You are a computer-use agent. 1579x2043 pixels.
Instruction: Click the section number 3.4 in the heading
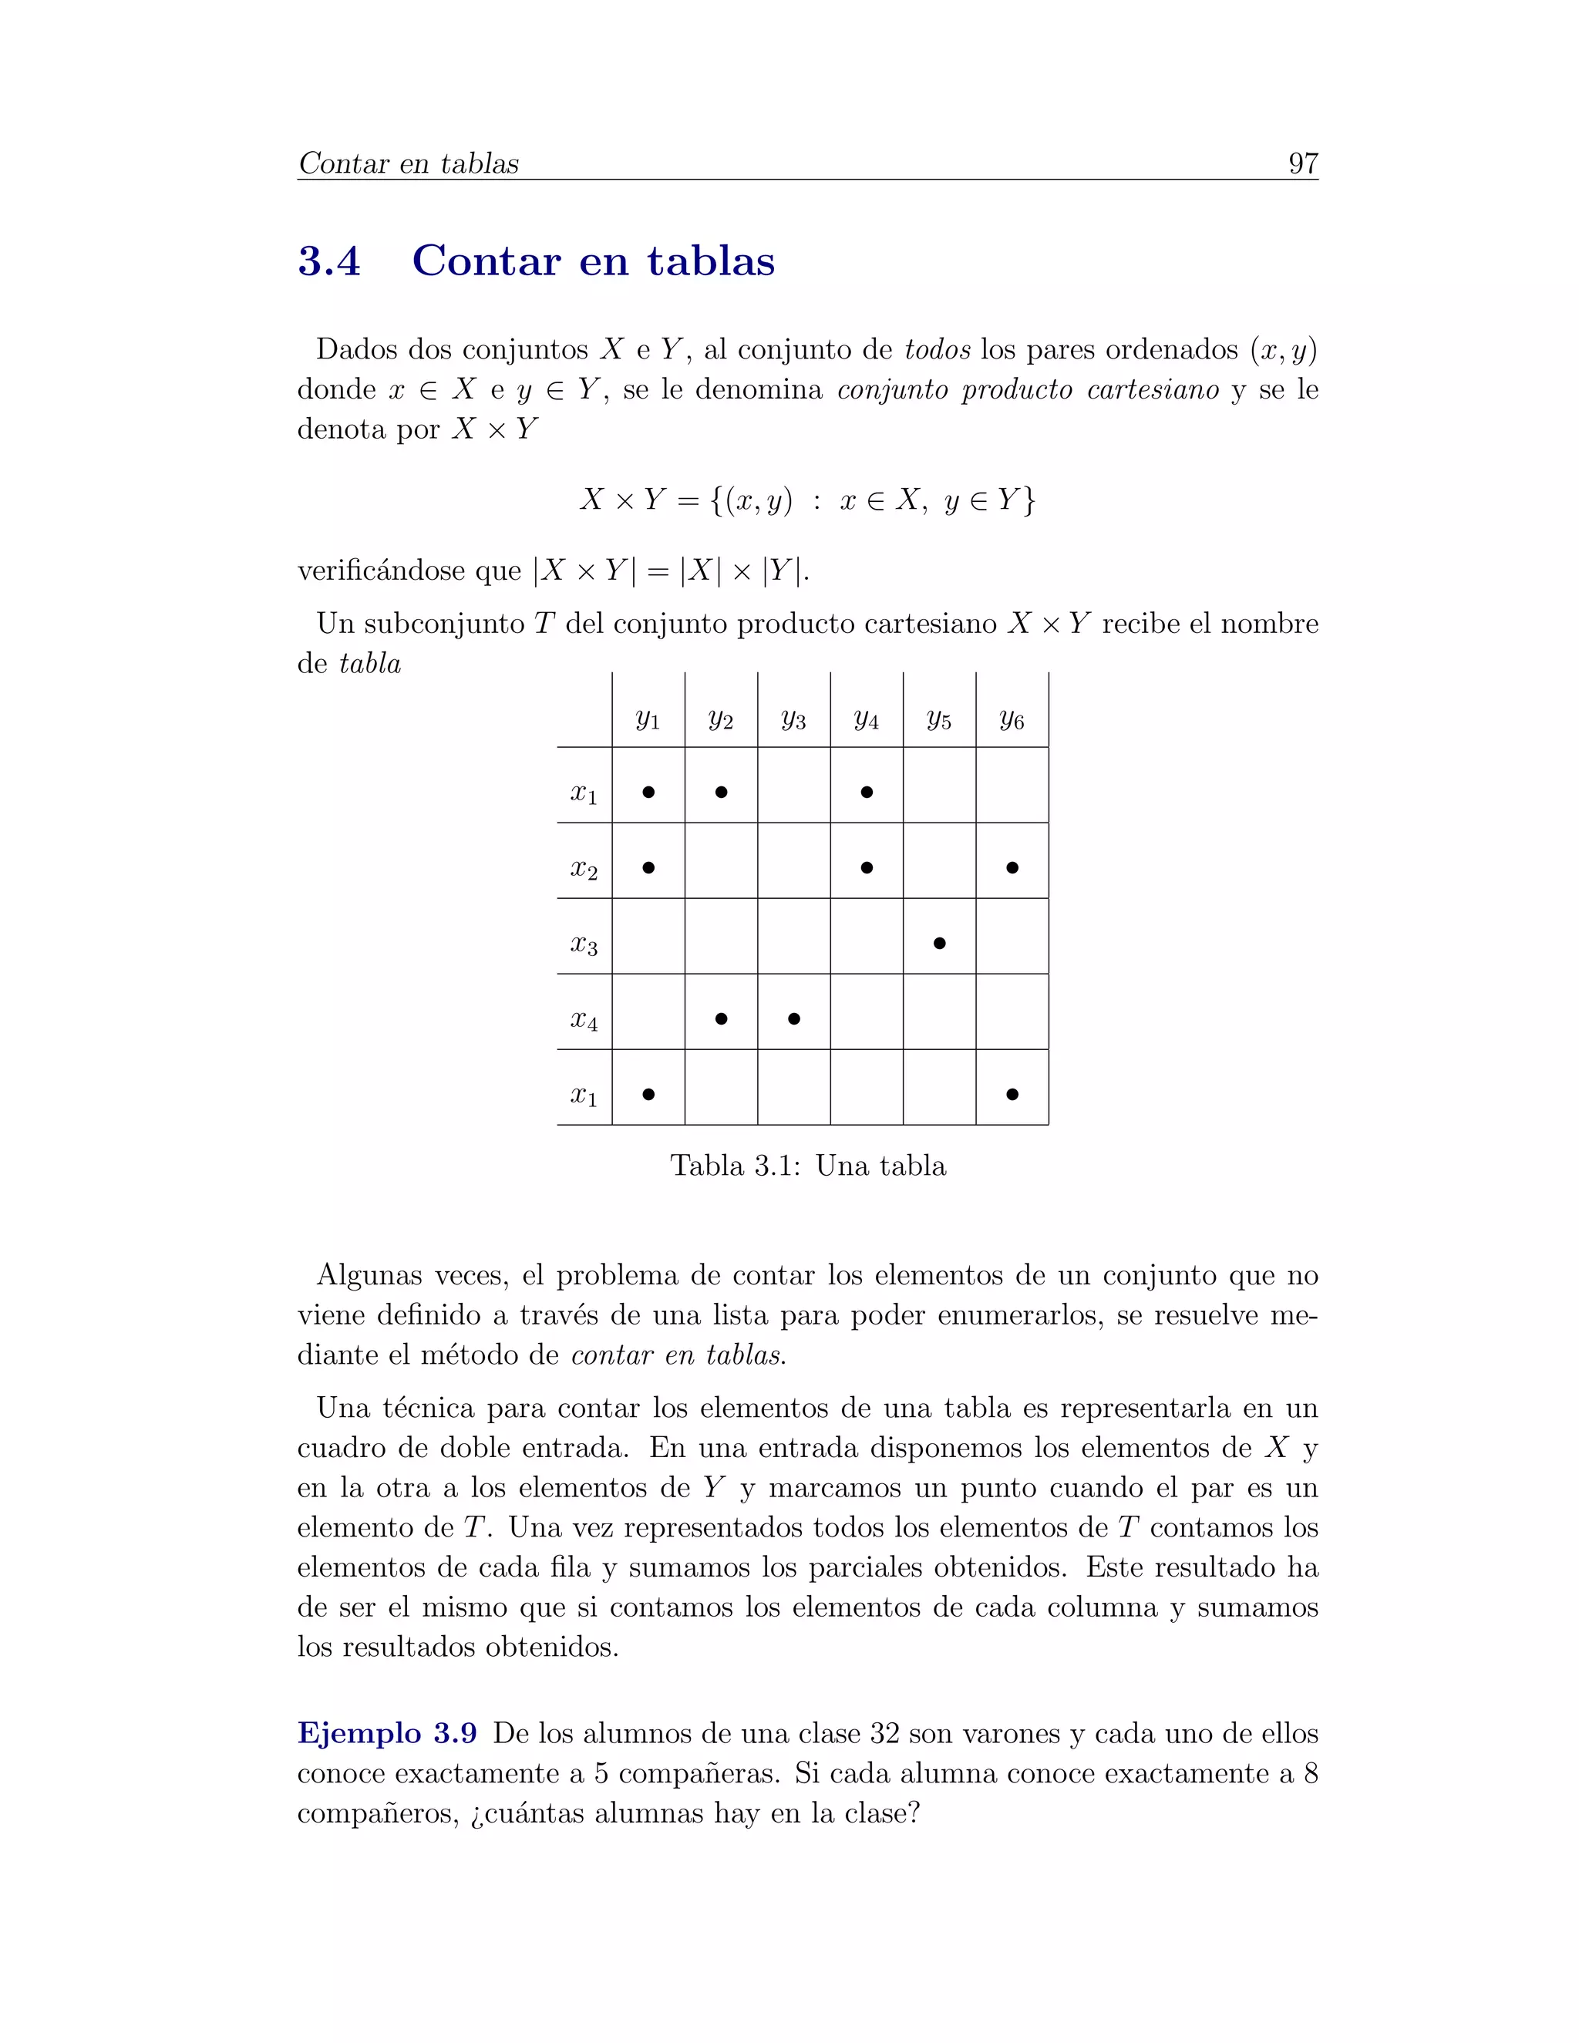click(x=329, y=261)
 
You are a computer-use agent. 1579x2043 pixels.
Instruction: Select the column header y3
click(x=793, y=719)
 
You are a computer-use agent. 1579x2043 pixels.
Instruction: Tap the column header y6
click(x=1012, y=719)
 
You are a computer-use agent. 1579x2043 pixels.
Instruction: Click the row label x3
click(x=584, y=944)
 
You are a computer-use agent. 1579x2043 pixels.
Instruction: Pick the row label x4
click(x=584, y=1020)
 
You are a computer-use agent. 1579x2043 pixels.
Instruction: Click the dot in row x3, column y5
click(x=939, y=943)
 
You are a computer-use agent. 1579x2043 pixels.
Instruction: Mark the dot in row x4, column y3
click(x=793, y=1018)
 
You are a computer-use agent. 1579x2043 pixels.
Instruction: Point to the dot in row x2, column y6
click(x=1012, y=867)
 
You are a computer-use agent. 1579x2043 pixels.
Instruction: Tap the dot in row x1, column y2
click(x=720, y=792)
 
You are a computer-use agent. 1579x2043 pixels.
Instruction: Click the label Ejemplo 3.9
click(x=387, y=1733)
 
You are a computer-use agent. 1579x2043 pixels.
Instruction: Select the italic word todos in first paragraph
click(x=936, y=350)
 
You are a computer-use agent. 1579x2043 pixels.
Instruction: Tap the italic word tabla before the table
click(x=369, y=664)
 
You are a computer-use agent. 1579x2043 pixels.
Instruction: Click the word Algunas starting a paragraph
click(x=369, y=1275)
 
